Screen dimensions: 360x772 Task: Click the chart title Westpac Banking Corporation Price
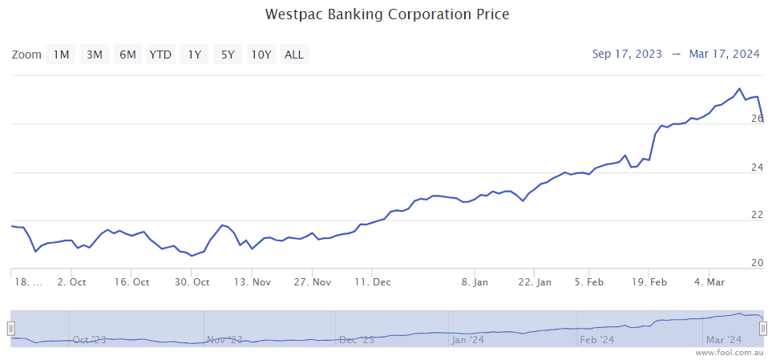point(387,14)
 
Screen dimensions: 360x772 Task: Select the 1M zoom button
point(61,55)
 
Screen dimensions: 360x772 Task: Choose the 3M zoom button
point(95,55)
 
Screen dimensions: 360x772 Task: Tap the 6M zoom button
point(127,55)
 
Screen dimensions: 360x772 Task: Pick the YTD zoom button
point(160,55)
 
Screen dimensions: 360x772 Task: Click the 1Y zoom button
point(194,55)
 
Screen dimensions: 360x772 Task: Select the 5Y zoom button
point(228,55)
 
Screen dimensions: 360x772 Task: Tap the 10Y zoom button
point(261,55)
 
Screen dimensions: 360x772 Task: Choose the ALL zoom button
point(294,55)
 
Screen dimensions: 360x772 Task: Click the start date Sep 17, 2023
point(627,54)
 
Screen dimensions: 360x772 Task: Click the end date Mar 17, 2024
point(724,54)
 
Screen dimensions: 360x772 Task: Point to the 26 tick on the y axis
point(757,119)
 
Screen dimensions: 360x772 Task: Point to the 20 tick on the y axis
point(757,263)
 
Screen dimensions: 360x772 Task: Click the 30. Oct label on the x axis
point(192,282)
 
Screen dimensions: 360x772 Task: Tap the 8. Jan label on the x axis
point(475,282)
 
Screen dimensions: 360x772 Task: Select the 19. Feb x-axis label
point(649,282)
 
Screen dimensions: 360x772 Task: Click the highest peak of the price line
point(739,89)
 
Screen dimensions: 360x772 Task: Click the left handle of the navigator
point(11,328)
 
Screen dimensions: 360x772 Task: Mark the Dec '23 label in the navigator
point(356,340)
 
